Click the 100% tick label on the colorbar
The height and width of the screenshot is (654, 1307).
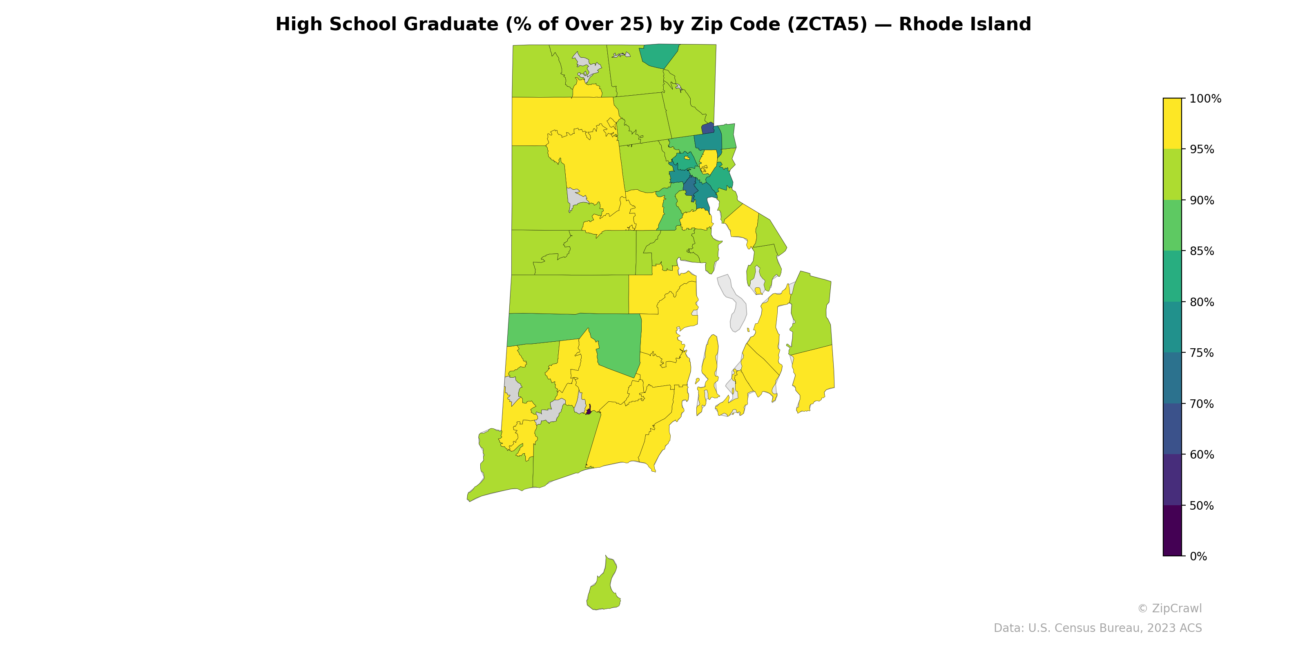pos(1205,99)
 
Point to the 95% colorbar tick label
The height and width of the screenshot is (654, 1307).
pos(1202,150)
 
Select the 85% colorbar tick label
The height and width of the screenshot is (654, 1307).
pos(1202,251)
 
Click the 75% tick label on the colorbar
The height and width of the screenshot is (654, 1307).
pos(1202,353)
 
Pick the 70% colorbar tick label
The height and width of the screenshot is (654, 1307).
pos(1202,404)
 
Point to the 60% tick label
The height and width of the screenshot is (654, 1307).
pos(1202,455)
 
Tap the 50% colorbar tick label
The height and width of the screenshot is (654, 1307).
pos(1202,506)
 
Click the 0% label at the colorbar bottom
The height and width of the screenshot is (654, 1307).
pos(1198,556)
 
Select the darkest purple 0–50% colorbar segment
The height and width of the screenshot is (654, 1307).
pos(1172,531)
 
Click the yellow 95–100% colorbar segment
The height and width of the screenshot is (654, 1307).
pos(1172,123)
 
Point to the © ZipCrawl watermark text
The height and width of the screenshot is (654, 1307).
pos(1169,608)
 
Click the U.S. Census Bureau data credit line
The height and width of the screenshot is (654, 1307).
pos(1097,628)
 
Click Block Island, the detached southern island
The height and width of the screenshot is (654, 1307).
pos(602,589)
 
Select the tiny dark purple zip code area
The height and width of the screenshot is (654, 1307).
pos(589,410)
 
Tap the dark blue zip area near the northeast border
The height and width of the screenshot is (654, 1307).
pos(708,128)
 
